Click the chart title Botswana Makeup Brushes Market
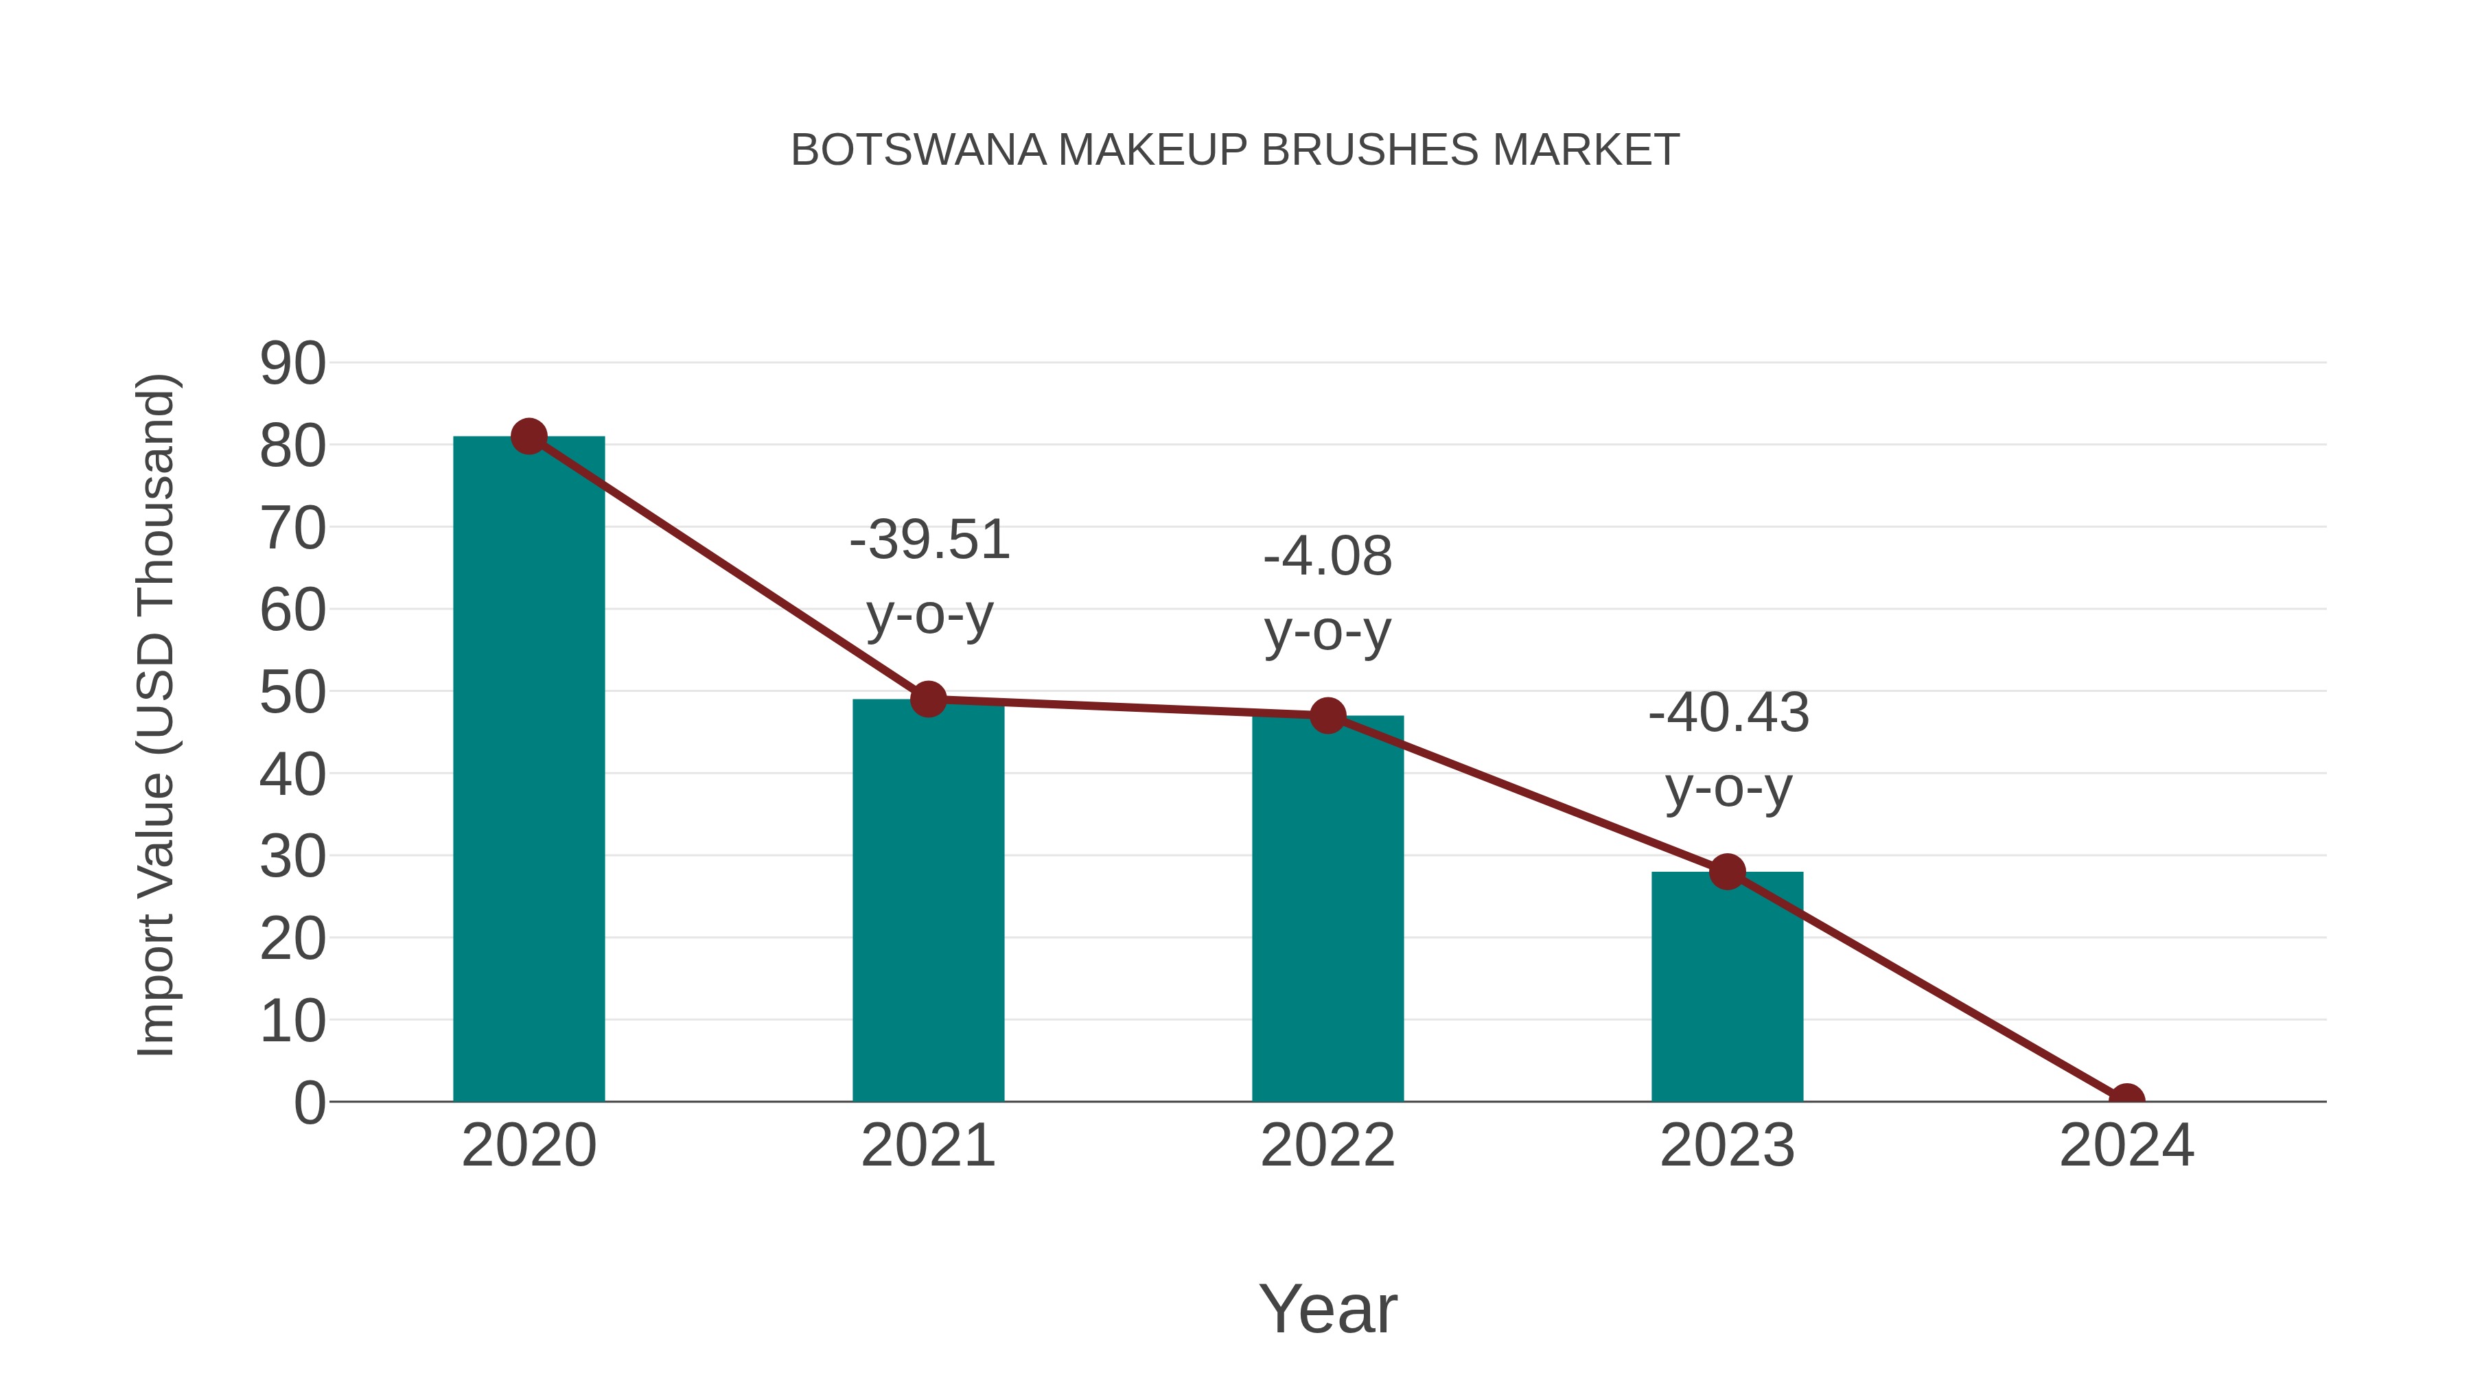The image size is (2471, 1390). click(x=1235, y=150)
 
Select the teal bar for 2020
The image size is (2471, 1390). click(x=529, y=767)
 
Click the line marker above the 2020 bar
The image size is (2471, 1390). click(x=529, y=437)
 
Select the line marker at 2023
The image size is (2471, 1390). click(x=1727, y=872)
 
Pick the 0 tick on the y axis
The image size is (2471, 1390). click(x=310, y=1102)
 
